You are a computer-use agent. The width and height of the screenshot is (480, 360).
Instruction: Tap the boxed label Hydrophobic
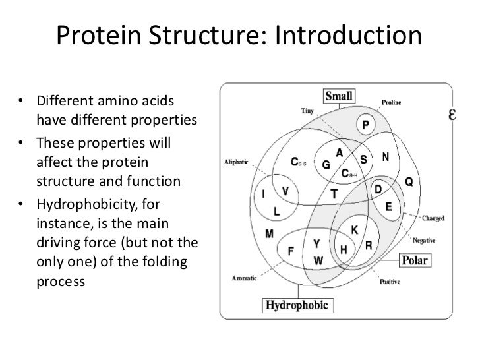click(299, 305)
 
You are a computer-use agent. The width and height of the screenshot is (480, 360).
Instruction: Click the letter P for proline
click(364, 125)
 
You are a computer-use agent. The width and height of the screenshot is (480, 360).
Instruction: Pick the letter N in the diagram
click(386, 158)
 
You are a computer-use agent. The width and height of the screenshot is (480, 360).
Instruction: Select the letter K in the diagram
click(354, 230)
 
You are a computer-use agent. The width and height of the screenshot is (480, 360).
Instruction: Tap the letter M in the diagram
click(270, 233)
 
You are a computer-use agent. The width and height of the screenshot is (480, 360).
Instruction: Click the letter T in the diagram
click(334, 194)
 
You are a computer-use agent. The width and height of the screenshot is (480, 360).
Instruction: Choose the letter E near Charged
click(389, 206)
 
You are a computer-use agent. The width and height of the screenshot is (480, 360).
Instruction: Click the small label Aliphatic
click(237, 162)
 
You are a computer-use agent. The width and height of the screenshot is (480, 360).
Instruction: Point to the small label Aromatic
click(245, 278)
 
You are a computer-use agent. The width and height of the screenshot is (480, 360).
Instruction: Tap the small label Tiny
click(307, 110)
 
